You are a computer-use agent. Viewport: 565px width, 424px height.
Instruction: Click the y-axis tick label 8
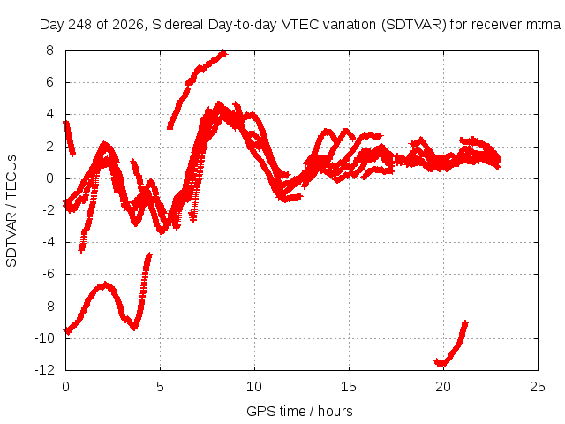pyautogui.click(x=49, y=50)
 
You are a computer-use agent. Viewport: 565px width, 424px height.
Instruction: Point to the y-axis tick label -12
pyautogui.click(x=44, y=370)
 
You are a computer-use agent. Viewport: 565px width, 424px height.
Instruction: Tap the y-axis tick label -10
pyautogui.click(x=44, y=338)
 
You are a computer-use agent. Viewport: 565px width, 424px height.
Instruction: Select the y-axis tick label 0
pyautogui.click(x=49, y=178)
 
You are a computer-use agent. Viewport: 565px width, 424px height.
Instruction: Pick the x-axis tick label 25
pyautogui.click(x=538, y=387)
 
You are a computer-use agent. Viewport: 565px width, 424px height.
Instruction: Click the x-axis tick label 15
pyautogui.click(x=349, y=387)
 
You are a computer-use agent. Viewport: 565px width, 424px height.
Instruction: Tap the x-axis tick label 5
pyautogui.click(x=160, y=387)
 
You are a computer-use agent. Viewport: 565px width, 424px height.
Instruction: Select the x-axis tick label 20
pyautogui.click(x=443, y=387)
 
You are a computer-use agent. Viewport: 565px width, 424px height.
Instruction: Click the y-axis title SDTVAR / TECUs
pyautogui.click(x=11, y=211)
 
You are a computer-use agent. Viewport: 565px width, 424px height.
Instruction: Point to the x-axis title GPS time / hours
pyautogui.click(x=299, y=411)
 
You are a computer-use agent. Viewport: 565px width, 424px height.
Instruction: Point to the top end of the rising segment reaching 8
pyautogui.click(x=223, y=54)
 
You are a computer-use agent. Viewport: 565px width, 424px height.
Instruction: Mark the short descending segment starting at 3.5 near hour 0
pyautogui.click(x=69, y=138)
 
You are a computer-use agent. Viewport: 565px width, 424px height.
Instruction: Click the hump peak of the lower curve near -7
pyautogui.click(x=104, y=285)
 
